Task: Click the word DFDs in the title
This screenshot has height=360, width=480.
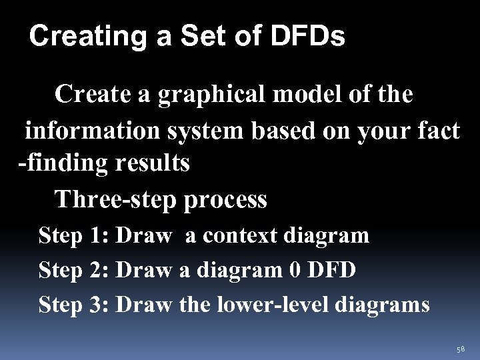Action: point(307,37)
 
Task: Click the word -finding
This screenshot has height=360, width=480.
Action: point(59,163)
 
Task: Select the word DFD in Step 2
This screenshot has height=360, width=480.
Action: point(333,270)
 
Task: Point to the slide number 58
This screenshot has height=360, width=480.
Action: point(461,349)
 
